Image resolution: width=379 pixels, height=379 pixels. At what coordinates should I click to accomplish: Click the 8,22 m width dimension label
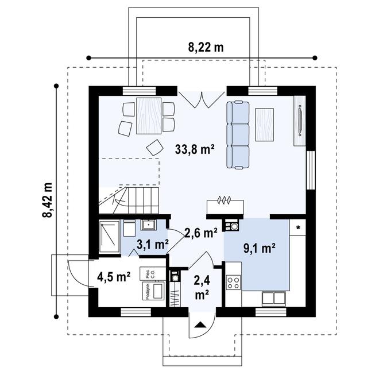click(206, 48)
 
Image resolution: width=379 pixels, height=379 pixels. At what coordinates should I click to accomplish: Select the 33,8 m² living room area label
click(195, 150)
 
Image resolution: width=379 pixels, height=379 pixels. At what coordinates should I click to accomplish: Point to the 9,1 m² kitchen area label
click(260, 248)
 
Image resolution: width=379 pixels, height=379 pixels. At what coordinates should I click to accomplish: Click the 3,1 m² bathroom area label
click(153, 245)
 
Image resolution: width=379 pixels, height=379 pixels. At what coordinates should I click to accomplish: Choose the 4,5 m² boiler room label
click(114, 277)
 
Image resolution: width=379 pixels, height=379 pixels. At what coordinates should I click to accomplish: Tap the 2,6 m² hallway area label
click(201, 233)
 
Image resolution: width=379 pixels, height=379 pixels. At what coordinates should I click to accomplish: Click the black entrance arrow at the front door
click(200, 325)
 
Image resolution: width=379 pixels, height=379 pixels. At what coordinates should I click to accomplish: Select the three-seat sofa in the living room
click(238, 134)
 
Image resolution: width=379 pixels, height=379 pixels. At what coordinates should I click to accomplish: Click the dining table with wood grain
click(149, 116)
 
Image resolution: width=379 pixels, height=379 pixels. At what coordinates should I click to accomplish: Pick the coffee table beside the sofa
click(264, 125)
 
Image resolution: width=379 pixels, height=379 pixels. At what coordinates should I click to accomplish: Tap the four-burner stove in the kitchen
click(234, 283)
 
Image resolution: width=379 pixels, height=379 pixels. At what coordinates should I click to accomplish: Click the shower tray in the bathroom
click(110, 236)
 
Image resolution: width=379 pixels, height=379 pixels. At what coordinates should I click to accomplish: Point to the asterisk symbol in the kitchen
click(298, 227)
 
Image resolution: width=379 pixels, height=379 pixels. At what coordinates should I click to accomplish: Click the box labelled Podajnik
click(153, 291)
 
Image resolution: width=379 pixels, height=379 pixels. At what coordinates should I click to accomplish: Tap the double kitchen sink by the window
click(273, 299)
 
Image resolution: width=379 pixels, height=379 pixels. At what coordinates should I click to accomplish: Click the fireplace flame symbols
click(225, 200)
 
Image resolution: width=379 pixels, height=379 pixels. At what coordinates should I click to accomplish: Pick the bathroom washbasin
click(149, 225)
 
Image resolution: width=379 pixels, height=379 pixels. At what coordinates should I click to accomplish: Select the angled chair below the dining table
click(154, 147)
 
